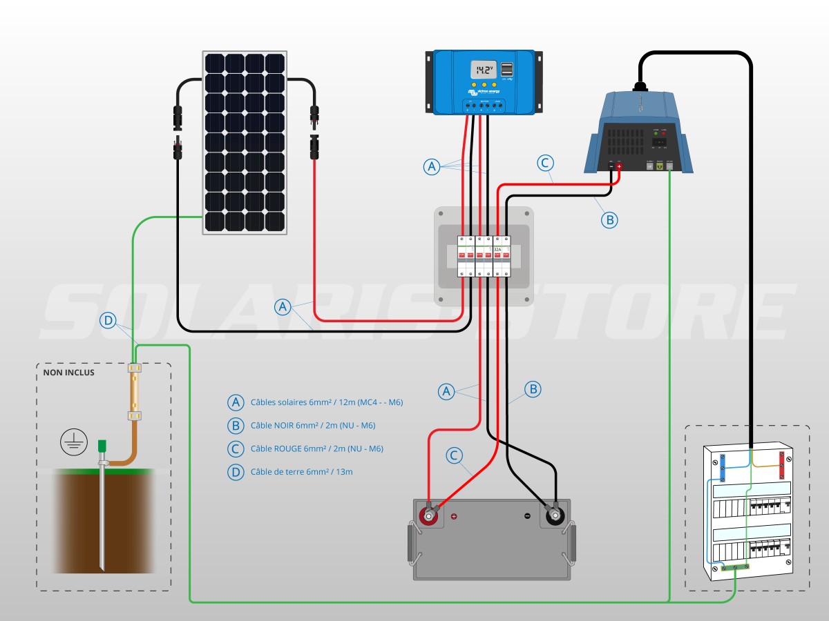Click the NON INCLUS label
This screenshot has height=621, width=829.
tap(68, 373)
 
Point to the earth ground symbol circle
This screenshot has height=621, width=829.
tap(73, 442)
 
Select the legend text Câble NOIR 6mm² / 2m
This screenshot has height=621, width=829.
tap(313, 426)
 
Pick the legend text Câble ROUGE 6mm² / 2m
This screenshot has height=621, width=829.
tap(316, 448)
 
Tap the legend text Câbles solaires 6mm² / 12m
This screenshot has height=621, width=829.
tap(326, 402)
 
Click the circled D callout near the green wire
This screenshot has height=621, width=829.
tap(108, 320)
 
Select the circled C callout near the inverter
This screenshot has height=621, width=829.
tap(545, 164)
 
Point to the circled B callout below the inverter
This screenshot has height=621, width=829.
tap(609, 220)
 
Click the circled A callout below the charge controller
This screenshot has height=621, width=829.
tap(432, 166)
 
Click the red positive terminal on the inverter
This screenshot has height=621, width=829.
tap(619, 166)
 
